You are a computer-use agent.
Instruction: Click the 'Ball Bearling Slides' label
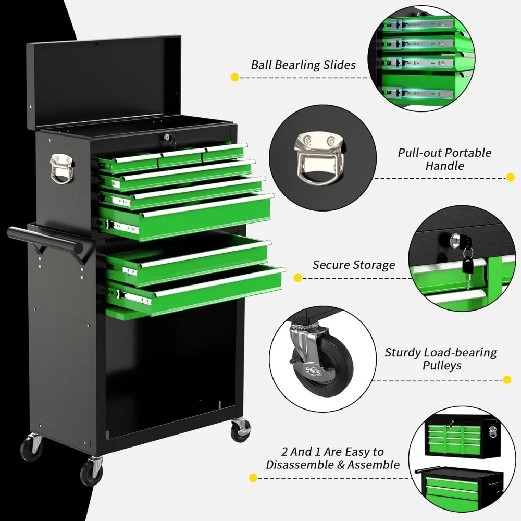click(x=303, y=65)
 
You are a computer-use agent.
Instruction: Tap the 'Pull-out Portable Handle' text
click(x=444, y=159)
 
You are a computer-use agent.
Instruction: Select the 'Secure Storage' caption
click(x=354, y=265)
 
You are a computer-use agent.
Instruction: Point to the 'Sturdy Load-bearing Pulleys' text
click(x=441, y=359)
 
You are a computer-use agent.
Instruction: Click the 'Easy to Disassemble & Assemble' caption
click(x=333, y=458)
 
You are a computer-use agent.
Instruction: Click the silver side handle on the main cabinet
click(x=60, y=168)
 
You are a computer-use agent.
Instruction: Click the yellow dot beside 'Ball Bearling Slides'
click(x=234, y=78)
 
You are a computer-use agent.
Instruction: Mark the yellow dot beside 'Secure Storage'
click(x=298, y=278)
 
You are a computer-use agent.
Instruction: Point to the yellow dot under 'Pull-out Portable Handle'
click(x=510, y=177)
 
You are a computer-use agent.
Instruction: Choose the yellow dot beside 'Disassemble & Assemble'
click(x=253, y=477)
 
